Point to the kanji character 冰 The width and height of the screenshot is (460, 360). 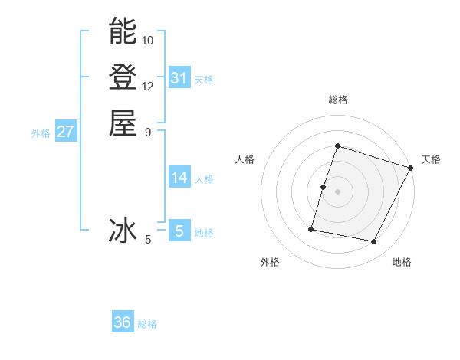click(123, 230)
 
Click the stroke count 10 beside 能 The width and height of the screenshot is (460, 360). click(148, 40)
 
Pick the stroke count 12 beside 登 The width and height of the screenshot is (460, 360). click(148, 86)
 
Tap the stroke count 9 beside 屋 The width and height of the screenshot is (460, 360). click(147, 132)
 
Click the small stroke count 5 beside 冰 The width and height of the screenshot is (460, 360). click(148, 240)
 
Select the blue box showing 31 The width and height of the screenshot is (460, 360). click(179, 78)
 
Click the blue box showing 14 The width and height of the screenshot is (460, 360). click(179, 178)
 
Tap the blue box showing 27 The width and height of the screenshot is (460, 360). click(66, 132)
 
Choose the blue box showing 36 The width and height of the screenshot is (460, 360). click(123, 322)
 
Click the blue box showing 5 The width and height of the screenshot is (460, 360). click(179, 231)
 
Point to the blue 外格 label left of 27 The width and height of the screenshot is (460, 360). click(41, 133)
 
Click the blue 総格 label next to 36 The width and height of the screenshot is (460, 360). click(148, 324)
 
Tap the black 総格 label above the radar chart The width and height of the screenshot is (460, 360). click(337, 100)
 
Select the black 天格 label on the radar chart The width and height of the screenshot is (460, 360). click(431, 159)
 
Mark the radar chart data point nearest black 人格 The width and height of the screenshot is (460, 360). click(323, 187)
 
